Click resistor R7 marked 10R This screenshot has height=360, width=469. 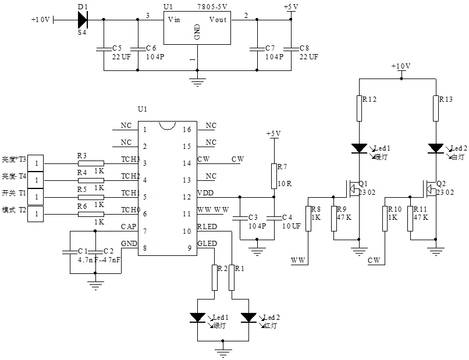(x=272, y=176)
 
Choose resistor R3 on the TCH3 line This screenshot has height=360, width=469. (x=91, y=163)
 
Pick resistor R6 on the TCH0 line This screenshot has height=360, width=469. (x=91, y=214)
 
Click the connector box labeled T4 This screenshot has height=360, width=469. (x=36, y=180)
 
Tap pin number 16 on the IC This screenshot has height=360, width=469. (x=187, y=130)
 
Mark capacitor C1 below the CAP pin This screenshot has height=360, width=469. (x=70, y=251)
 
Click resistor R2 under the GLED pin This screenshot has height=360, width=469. (x=215, y=277)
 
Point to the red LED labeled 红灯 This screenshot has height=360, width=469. (x=249, y=318)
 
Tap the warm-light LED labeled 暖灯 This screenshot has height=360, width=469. (x=359, y=149)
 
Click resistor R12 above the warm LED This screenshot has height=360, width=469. (x=359, y=108)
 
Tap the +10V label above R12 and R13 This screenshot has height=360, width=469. (x=401, y=66)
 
